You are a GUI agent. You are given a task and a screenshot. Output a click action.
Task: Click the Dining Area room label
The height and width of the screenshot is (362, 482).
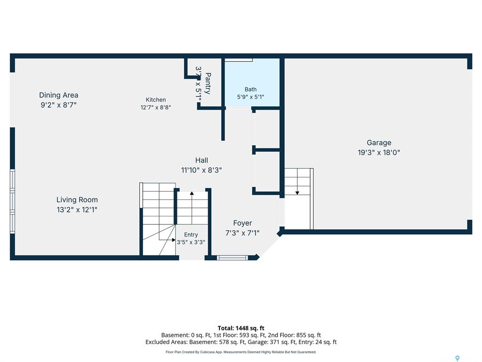pyautogui.click(x=58, y=95)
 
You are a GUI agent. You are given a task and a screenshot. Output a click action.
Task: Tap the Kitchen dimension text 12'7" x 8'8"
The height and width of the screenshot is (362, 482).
pyautogui.click(x=155, y=107)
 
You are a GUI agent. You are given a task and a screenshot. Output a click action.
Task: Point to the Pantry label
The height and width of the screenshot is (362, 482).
pyautogui.click(x=208, y=83)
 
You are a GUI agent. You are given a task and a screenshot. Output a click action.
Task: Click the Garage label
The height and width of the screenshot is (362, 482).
pyautogui.click(x=379, y=142)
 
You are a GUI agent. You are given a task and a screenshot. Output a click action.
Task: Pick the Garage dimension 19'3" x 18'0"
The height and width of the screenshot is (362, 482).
pyautogui.click(x=379, y=152)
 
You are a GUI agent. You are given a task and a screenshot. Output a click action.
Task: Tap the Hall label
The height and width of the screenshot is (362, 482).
pyautogui.click(x=201, y=160)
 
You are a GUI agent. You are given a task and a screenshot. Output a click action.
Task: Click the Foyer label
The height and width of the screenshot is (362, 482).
pyautogui.click(x=242, y=223)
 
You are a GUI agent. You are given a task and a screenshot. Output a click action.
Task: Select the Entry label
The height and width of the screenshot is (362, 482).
pyautogui.click(x=191, y=235)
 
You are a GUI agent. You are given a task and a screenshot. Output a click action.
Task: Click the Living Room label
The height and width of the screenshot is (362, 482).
pyautogui.click(x=77, y=200)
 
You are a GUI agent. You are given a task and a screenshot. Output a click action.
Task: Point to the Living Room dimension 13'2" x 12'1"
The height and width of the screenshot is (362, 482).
pyautogui.click(x=77, y=210)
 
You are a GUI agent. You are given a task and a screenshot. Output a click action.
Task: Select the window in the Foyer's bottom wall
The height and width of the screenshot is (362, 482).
pyautogui.click(x=232, y=258)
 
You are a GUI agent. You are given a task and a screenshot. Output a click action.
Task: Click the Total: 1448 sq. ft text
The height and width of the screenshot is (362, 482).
pyautogui.click(x=241, y=328)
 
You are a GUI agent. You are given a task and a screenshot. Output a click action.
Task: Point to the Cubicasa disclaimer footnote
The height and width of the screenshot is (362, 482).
pyautogui.click(x=241, y=352)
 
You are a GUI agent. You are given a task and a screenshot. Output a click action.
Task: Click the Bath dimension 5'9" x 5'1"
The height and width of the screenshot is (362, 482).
pyautogui.click(x=250, y=97)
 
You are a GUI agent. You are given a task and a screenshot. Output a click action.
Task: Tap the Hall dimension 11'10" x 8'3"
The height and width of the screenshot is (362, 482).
pyautogui.click(x=201, y=170)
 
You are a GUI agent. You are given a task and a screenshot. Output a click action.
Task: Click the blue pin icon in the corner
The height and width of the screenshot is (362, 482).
pyautogui.click(x=458, y=358)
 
